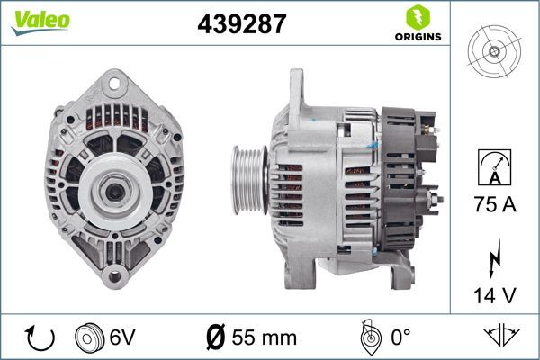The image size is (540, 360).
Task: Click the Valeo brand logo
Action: click(x=40, y=21)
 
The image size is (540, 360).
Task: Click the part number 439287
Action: click(x=241, y=24)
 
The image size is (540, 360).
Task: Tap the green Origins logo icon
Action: click(x=416, y=16)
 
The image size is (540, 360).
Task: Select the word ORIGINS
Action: click(x=415, y=38)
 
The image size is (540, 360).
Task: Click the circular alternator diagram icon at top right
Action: click(x=494, y=50)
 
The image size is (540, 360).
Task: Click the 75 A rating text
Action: click(x=494, y=206)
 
